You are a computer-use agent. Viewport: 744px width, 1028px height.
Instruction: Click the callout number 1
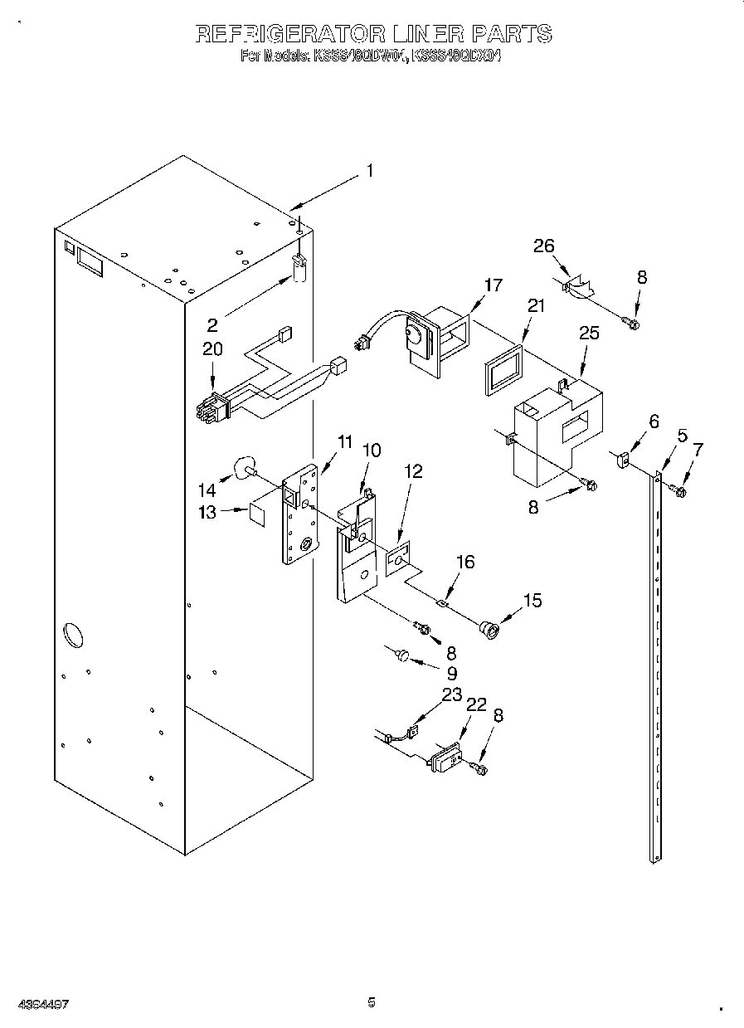369,172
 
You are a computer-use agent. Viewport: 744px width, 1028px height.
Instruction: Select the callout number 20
212,349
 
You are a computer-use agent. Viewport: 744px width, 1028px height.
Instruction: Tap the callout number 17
493,285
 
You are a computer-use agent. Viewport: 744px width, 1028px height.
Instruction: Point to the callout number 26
544,246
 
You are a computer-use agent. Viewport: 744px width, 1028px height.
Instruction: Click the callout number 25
589,333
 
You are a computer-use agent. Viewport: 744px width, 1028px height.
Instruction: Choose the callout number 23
451,695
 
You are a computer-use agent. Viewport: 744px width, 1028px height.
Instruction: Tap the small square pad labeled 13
257,514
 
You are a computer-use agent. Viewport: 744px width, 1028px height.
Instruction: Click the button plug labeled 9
402,656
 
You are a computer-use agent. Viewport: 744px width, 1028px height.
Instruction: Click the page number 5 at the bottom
372,1002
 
